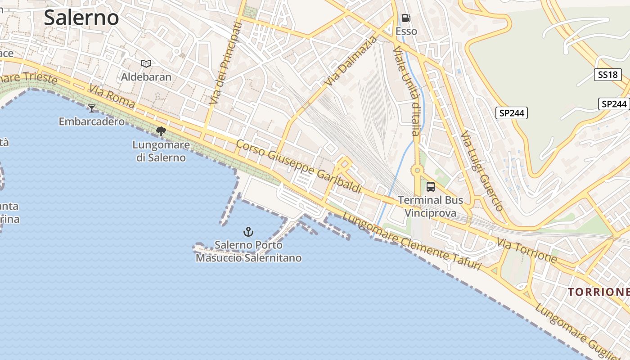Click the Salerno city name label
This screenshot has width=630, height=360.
coord(81,18)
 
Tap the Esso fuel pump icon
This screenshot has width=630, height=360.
coord(406,18)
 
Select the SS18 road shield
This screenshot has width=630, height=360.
coord(607,75)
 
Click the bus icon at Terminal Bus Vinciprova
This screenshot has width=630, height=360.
coord(431,186)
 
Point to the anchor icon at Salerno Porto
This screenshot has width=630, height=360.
coord(248,232)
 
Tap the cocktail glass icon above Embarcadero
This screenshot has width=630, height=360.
coord(92,108)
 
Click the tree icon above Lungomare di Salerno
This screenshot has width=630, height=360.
coord(161,131)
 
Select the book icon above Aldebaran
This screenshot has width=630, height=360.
coord(146,64)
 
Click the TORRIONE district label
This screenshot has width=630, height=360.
coord(598,292)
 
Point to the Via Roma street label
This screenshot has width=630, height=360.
coord(112,96)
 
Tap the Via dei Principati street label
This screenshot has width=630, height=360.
coord(225,63)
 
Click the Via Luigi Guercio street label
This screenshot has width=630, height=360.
coord(481,171)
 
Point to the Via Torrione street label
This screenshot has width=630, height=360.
coord(526,250)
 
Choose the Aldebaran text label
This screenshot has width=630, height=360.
coord(146,77)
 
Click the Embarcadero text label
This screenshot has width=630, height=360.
coord(92,121)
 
